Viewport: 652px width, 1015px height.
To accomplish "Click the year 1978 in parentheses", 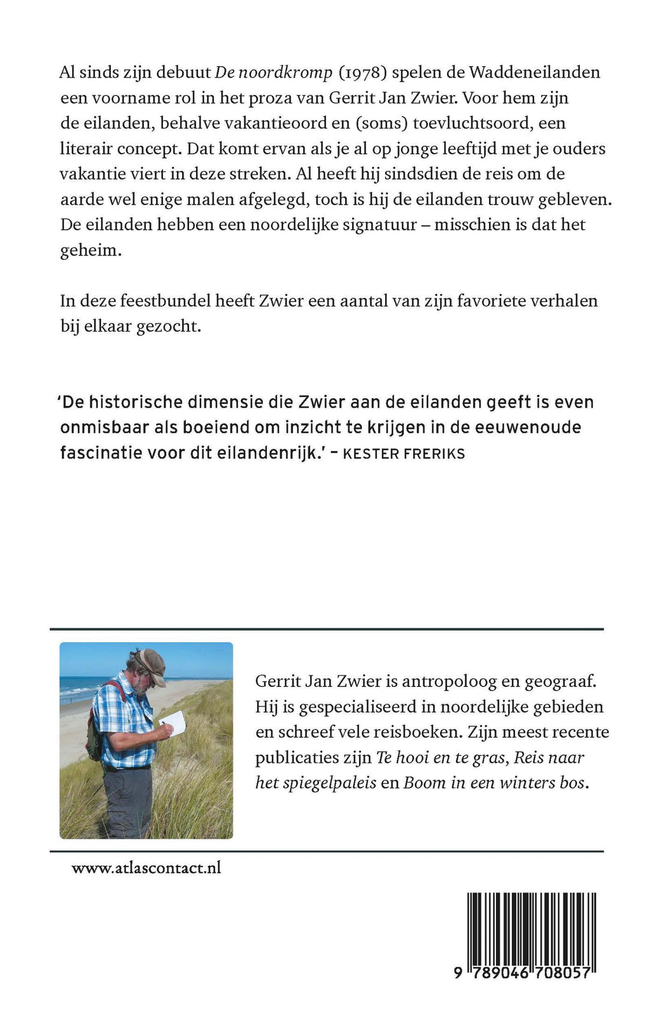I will [x=362, y=73].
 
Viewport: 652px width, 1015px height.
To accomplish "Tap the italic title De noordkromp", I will [x=274, y=73].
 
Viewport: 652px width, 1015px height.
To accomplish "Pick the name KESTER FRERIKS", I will [x=404, y=454].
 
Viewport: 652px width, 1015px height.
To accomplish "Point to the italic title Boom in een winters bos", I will [x=494, y=782].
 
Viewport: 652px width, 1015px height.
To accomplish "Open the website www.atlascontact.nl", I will [x=146, y=868].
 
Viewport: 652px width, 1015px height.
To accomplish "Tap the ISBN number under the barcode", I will [x=525, y=973].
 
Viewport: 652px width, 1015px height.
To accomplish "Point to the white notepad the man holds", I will [x=173, y=722].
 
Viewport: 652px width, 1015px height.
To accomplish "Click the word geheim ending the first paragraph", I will [x=90, y=250].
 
